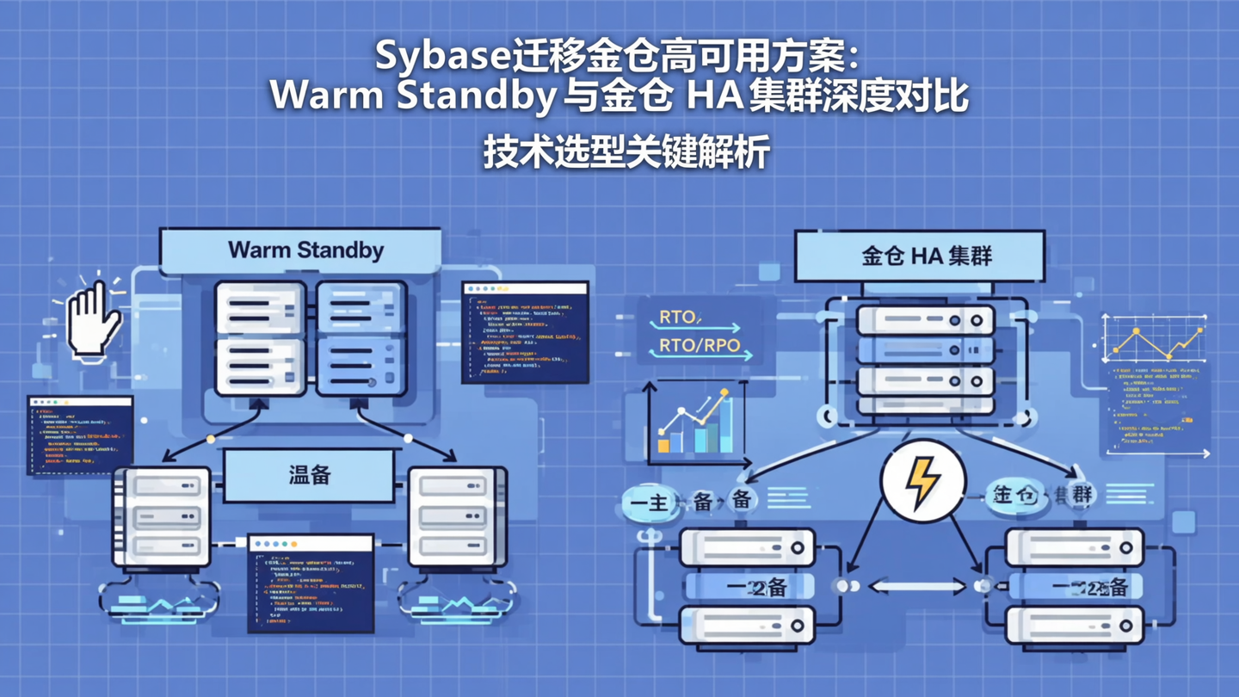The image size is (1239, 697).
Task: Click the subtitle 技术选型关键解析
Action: [626, 153]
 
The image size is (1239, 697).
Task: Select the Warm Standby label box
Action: [305, 251]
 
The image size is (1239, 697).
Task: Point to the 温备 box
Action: [310, 475]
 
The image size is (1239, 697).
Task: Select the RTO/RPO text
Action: [699, 346]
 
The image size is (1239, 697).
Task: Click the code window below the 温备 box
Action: [311, 583]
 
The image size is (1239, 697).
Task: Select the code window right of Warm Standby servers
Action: [525, 332]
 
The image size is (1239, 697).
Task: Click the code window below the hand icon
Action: [80, 435]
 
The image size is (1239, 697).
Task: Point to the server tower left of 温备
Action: [162, 516]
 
